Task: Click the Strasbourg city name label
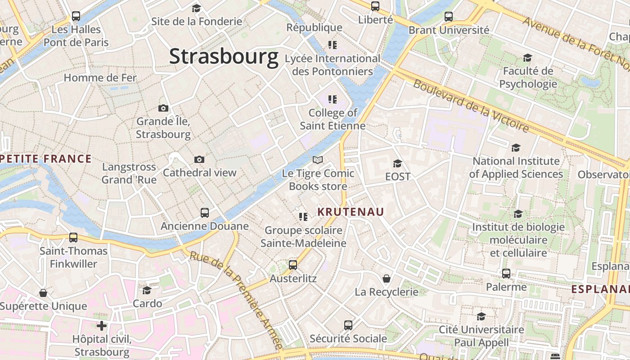tap(224, 57)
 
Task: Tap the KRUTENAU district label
tap(351, 211)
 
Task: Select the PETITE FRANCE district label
tap(46, 158)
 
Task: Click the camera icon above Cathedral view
tap(199, 159)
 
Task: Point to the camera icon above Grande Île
tap(163, 108)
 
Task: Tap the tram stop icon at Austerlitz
tap(293, 265)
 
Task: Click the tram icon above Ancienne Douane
tap(205, 212)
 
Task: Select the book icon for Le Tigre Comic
tap(318, 160)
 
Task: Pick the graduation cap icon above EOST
tap(397, 163)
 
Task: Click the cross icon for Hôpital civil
tap(102, 325)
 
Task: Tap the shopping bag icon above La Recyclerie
tap(386, 279)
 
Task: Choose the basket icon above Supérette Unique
tap(43, 293)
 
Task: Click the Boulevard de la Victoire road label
tap(471, 106)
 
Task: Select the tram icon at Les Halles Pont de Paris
tap(76, 16)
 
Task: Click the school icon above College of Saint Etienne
tap(333, 99)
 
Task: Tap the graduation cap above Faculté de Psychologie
tap(527, 58)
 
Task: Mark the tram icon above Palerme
tap(506, 274)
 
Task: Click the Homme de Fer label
tap(100, 77)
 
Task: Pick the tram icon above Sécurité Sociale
tap(348, 325)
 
